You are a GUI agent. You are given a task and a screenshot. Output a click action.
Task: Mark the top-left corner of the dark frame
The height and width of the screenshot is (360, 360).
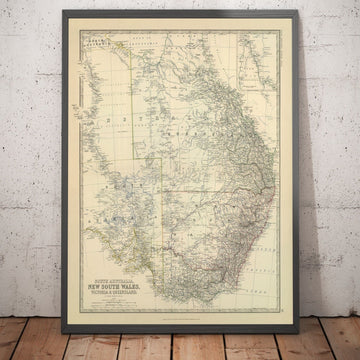pyautogui.click(x=63, y=11)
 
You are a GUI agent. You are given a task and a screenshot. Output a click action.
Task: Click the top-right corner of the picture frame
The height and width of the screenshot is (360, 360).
pyautogui.click(x=298, y=12)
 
